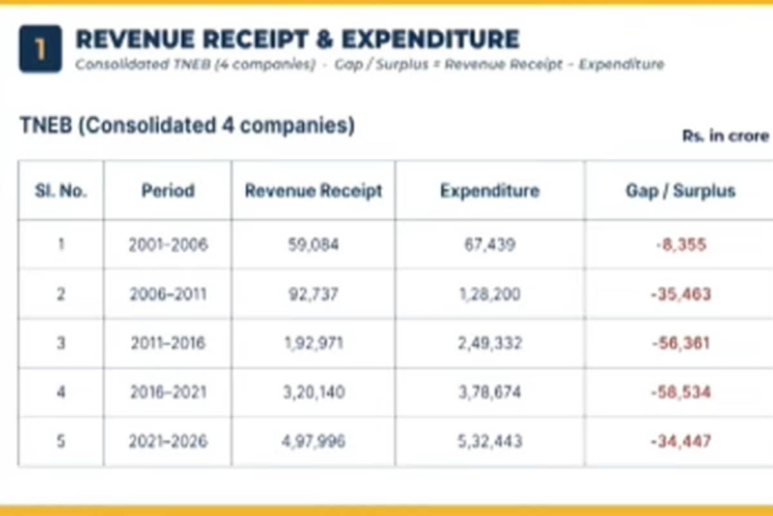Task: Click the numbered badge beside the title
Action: tap(41, 49)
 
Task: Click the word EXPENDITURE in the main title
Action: tap(430, 39)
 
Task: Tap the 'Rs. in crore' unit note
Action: tap(726, 136)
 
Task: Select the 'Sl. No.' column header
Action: tap(61, 190)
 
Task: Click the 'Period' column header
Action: tap(168, 190)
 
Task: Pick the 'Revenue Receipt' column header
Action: tap(313, 190)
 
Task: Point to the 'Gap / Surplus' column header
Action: tap(680, 190)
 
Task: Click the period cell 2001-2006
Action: tap(168, 244)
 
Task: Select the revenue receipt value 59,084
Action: tap(313, 244)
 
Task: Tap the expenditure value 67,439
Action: tap(490, 244)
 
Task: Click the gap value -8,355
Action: tap(681, 244)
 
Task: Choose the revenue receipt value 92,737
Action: tap(313, 294)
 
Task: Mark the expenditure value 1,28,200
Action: tap(490, 294)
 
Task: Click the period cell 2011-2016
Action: tap(168, 343)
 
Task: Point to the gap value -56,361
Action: tap(681, 343)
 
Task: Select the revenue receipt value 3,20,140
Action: tap(314, 392)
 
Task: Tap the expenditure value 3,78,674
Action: tap(490, 392)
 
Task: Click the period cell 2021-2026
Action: tap(168, 441)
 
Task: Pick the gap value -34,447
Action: tap(681, 441)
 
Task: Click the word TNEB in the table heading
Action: tap(46, 124)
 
